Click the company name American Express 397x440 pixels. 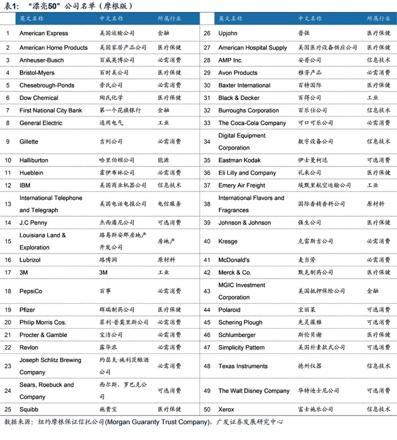[44, 33]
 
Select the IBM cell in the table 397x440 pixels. [25, 185]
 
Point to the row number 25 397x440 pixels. [8, 409]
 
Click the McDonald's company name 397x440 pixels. [234, 260]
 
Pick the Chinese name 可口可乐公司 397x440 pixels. [315, 123]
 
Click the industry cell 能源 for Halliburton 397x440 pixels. [163, 160]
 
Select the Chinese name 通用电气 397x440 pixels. [111, 123]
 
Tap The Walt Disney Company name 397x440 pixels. [254, 391]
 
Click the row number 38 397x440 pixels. [207, 204]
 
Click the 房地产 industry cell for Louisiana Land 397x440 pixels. [166, 241]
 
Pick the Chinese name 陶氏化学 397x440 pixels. [111, 98]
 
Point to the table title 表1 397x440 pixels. [11, 6]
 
